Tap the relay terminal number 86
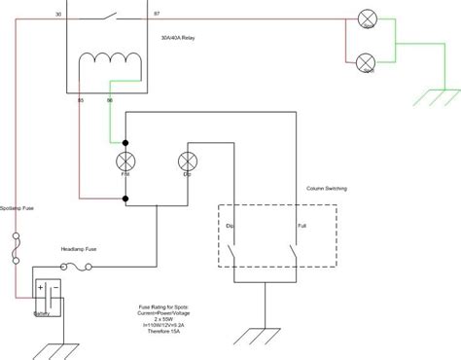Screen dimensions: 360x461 tap(110, 100)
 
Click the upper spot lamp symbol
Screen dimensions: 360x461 tap(368, 20)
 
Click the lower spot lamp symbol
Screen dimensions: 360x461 tap(368, 64)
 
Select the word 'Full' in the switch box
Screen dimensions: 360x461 tap(303, 227)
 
